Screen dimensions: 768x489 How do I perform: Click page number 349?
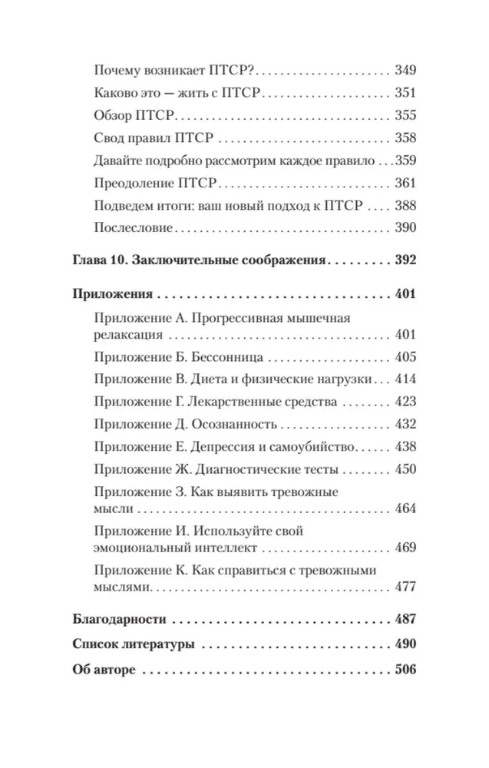(404, 71)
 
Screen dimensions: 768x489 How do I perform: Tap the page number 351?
(404, 94)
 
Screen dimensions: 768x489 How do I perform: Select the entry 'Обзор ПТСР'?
(134, 117)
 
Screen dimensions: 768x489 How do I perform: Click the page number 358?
(404, 139)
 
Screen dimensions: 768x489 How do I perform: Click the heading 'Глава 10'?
(99, 260)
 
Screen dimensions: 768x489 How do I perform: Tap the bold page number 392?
(403, 260)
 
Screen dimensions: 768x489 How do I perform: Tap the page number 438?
(404, 447)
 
